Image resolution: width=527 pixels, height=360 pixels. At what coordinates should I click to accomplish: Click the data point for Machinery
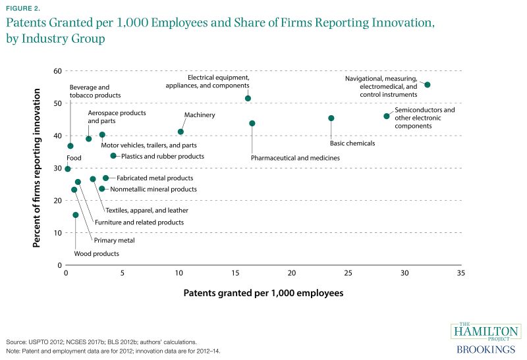(180, 132)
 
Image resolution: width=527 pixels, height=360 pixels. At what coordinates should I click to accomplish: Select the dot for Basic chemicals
(331, 118)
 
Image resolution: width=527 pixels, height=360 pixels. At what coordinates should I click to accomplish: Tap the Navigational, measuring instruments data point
(427, 85)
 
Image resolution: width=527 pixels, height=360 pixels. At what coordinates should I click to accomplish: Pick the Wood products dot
(75, 215)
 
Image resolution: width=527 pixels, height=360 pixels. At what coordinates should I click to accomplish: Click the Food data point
(67, 169)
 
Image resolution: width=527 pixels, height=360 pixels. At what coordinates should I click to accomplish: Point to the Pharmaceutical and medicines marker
(252, 123)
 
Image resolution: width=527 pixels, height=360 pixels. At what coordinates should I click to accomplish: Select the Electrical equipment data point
(248, 99)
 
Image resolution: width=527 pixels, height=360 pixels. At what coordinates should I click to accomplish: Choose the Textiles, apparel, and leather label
(147, 211)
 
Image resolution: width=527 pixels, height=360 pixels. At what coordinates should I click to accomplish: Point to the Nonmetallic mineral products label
(153, 190)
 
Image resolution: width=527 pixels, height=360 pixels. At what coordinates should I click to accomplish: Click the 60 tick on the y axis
(57, 71)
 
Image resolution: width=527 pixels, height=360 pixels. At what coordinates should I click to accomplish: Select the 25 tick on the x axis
(348, 272)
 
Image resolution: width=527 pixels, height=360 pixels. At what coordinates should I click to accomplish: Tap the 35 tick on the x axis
(460, 272)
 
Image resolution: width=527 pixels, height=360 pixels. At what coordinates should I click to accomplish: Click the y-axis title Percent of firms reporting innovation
(38, 168)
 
